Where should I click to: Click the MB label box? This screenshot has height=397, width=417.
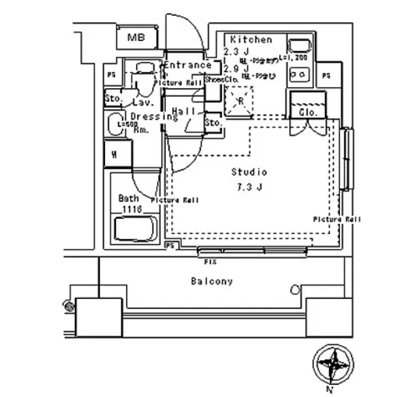(x=137, y=38)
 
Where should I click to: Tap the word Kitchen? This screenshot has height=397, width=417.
(x=251, y=40)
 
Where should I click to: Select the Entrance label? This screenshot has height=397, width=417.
(x=187, y=65)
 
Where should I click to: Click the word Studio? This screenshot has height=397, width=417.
(x=249, y=172)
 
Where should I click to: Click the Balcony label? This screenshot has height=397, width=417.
(x=212, y=281)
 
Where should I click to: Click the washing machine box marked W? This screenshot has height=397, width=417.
(x=114, y=154)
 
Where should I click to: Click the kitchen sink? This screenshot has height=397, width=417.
(x=298, y=47)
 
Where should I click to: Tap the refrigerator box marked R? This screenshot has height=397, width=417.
(x=240, y=101)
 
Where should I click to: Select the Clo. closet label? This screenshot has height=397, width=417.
(x=305, y=111)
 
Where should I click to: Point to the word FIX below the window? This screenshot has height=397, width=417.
(x=211, y=261)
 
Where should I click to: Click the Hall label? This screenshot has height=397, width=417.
(x=184, y=111)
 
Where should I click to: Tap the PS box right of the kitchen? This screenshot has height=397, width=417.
(x=326, y=75)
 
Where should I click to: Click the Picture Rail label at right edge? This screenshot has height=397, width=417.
(x=337, y=220)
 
